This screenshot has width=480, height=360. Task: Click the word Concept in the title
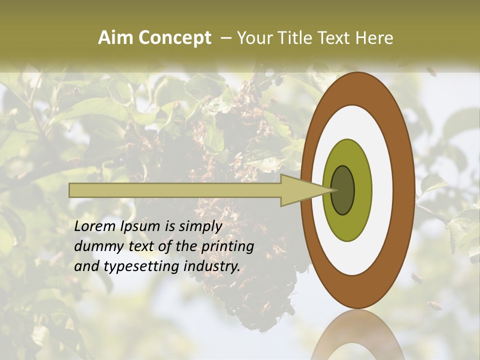175,38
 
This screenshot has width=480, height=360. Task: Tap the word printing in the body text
227,246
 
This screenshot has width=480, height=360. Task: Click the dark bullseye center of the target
342,190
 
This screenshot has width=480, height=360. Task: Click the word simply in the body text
198,226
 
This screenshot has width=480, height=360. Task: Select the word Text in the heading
336,38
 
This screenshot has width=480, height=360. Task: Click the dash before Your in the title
226,38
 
